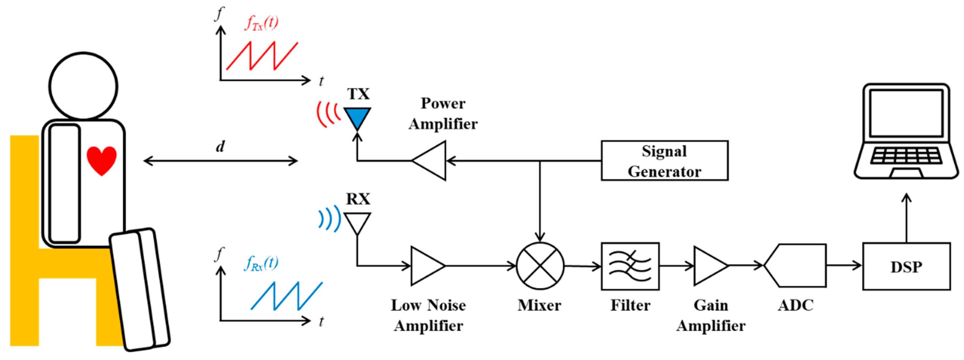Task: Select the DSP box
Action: point(906,266)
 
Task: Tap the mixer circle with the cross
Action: point(540,266)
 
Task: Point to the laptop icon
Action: point(906,131)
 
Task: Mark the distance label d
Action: point(220,146)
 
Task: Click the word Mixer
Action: point(539,305)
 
